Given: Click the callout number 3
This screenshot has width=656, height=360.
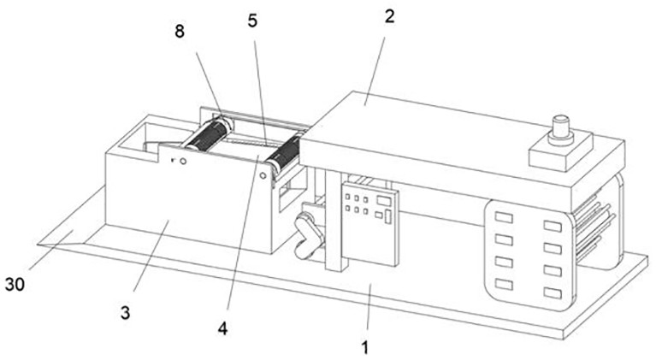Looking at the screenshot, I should tap(125, 312).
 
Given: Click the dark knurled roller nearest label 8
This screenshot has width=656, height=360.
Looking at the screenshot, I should tap(207, 138).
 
